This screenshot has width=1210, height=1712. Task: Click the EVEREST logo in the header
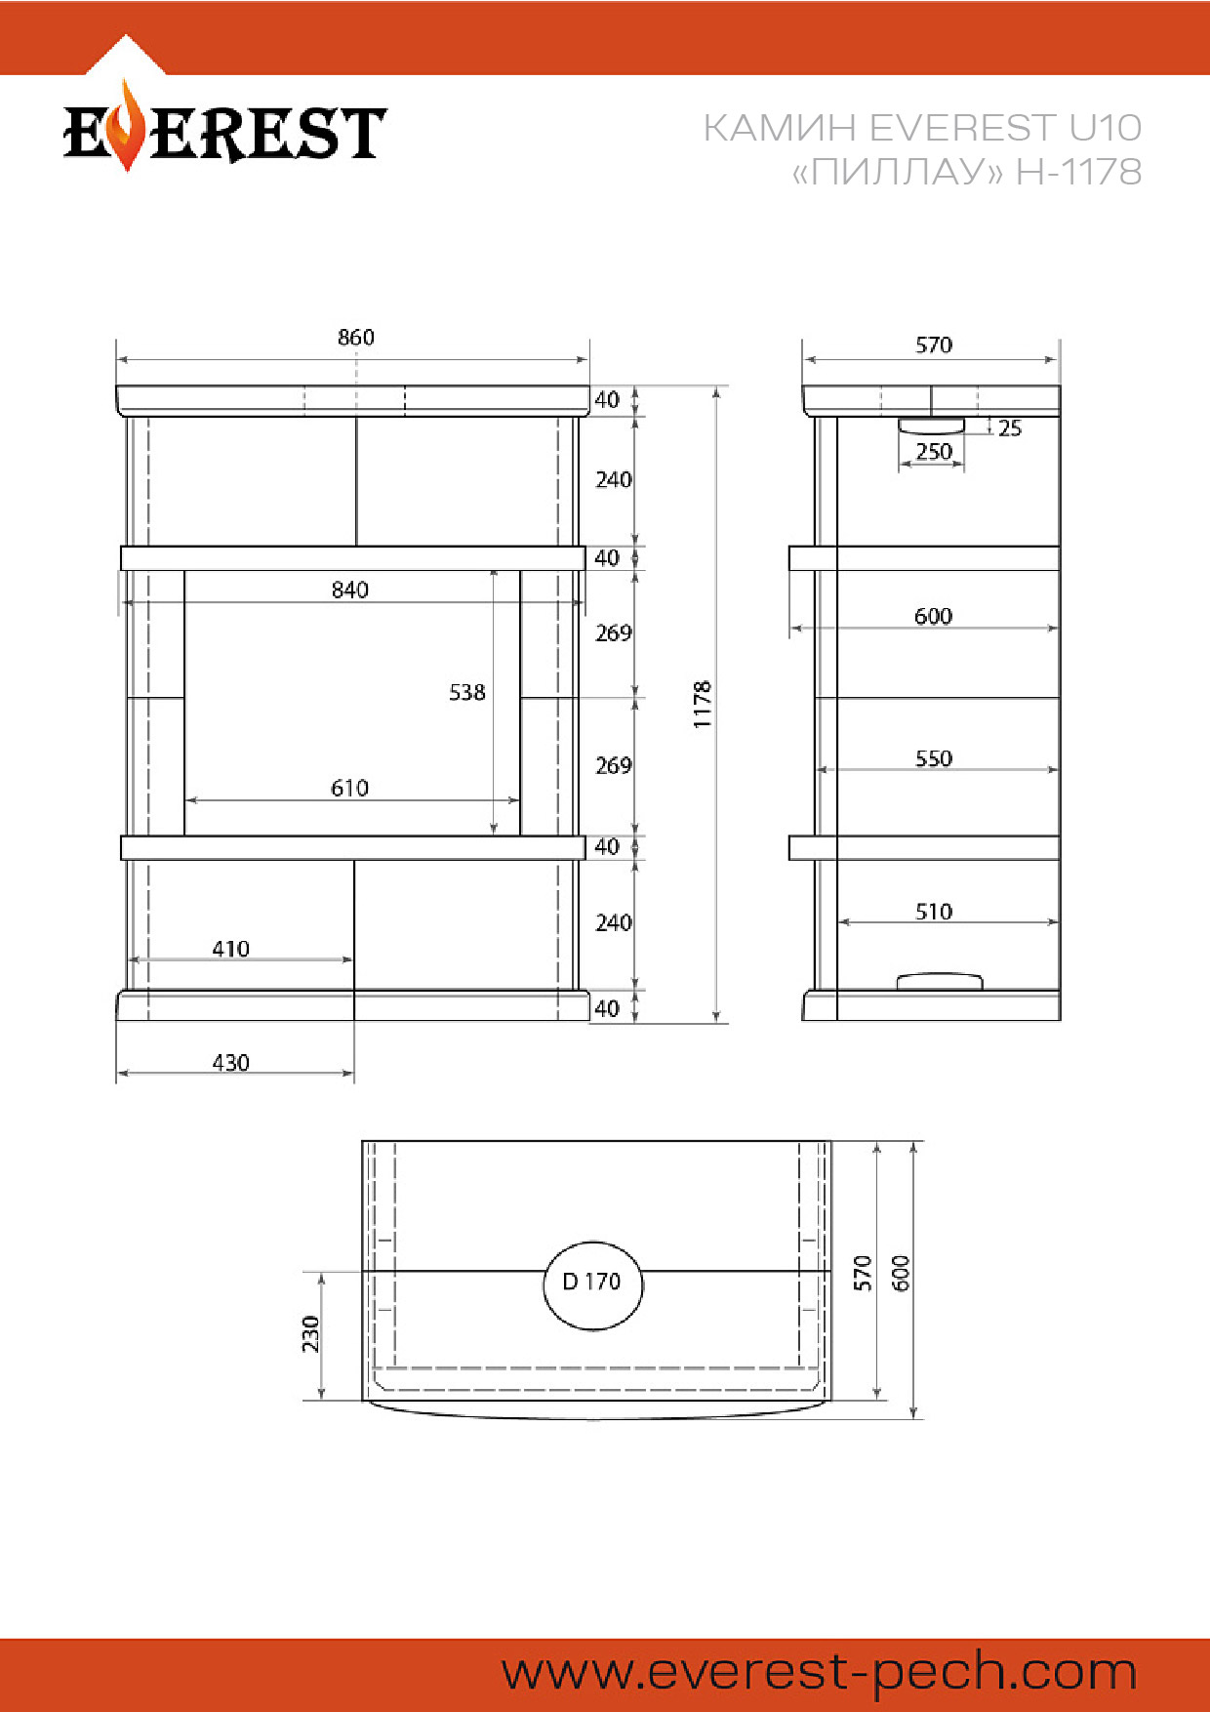tap(224, 130)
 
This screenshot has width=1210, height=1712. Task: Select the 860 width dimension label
tap(356, 338)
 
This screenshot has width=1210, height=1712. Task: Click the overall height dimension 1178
tap(703, 705)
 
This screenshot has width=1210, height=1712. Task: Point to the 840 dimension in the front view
tap(350, 591)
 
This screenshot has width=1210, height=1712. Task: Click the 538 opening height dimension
tap(467, 693)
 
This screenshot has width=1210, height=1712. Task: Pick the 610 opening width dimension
tap(350, 789)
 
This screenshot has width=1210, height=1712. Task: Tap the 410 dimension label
tap(231, 949)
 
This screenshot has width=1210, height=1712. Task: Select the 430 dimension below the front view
tap(231, 1063)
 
